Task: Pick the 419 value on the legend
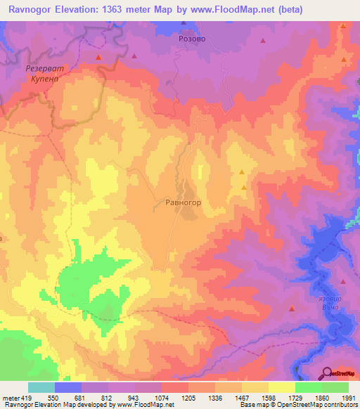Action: pyautogui.click(x=27, y=398)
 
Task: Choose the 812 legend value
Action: pyautogui.click(x=107, y=398)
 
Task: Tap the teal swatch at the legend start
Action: pyautogui.click(x=41, y=387)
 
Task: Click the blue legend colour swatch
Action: pyautogui.click(x=67, y=387)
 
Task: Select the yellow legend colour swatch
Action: pyautogui.click(x=281, y=387)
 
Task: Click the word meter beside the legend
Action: pyautogui.click(x=10, y=398)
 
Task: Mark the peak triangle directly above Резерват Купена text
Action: pyautogui.click(x=99, y=56)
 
